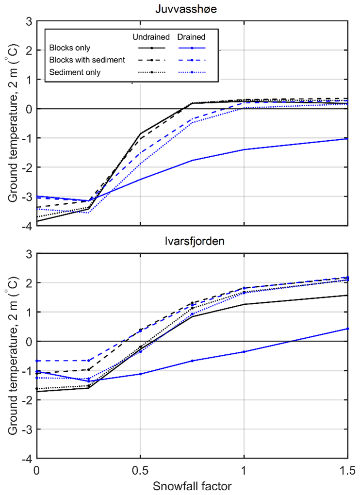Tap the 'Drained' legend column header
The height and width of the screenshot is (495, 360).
191,37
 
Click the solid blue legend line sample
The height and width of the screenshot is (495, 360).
193,48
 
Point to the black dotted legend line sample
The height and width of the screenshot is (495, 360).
151,72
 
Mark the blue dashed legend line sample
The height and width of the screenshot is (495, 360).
193,60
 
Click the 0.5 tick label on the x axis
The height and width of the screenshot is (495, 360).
140,470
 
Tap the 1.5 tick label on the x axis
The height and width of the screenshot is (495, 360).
347,470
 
